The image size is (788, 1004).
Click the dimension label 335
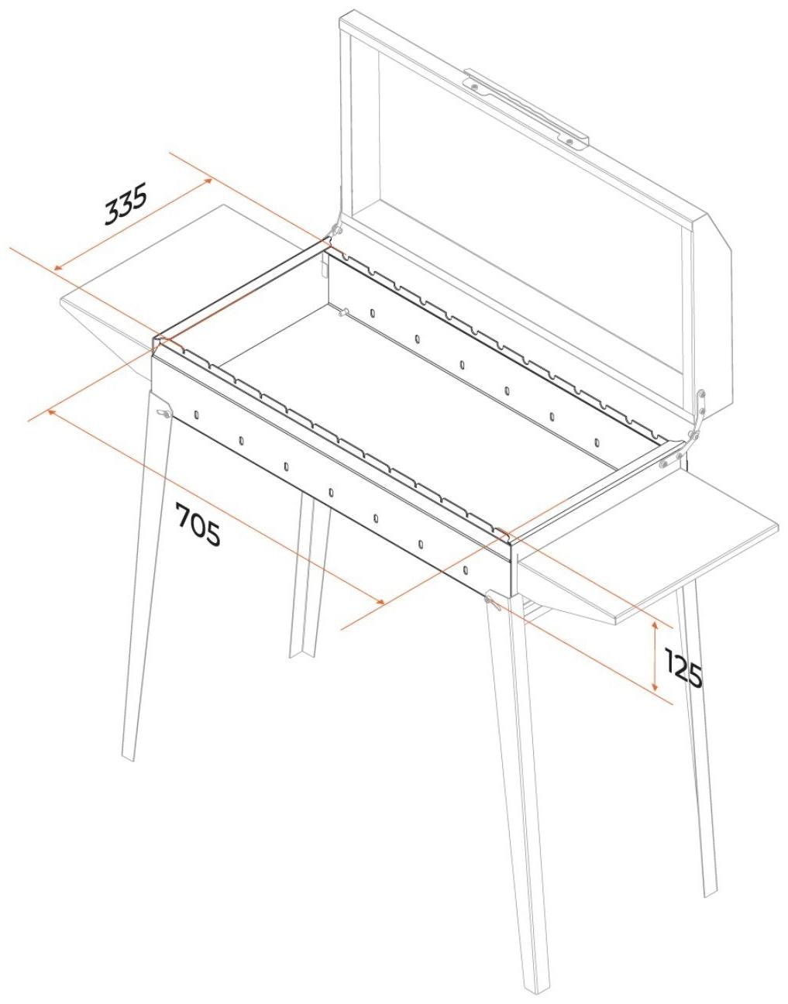click(126, 204)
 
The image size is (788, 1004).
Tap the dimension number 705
click(198, 524)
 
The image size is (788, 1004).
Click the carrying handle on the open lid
click(527, 108)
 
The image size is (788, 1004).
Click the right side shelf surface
click(647, 545)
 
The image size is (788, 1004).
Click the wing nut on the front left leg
click(162, 412)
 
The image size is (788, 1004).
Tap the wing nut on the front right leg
click(491, 602)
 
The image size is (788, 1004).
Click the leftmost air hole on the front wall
click(197, 414)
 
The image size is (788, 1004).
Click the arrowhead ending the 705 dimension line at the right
click(380, 601)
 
